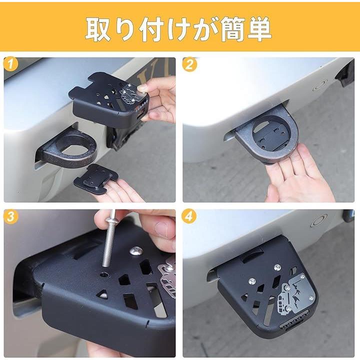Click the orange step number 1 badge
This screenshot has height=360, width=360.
[x=10, y=64]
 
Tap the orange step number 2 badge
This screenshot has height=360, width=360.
[x=189, y=64]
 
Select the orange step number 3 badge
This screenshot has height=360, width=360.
[x=11, y=216]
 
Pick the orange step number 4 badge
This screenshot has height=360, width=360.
[x=189, y=216]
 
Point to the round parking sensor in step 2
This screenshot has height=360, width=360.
[x=321, y=85]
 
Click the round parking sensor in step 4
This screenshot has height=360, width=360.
[x=319, y=221]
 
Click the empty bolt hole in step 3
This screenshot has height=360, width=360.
[x=104, y=274]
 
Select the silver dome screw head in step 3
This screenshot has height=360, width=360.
[x=135, y=251]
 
